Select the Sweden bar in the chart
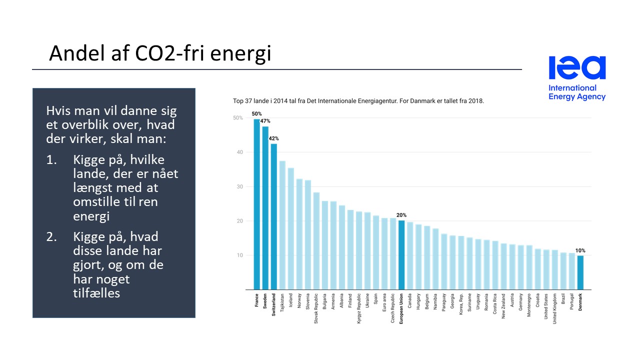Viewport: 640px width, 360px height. [x=265, y=208]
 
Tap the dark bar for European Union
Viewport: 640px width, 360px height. [x=401, y=255]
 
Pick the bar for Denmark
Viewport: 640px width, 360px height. [x=580, y=272]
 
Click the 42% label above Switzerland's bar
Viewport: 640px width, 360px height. [x=273, y=138]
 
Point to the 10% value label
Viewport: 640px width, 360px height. [x=580, y=250]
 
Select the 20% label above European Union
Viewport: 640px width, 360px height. [x=401, y=215]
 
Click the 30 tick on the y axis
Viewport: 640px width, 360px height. [x=239, y=186]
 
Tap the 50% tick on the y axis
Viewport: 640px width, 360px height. [x=238, y=118]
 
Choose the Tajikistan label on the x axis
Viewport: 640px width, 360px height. [x=282, y=302]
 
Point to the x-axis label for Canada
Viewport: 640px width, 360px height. [x=409, y=300]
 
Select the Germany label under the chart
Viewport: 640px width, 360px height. [x=520, y=301]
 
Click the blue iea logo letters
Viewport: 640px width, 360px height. [x=577, y=68]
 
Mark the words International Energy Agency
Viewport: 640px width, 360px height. [x=576, y=92]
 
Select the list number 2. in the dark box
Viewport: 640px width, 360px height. [x=52, y=236]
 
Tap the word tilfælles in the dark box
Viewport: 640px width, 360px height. [x=96, y=293]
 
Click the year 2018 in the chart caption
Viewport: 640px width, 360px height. [x=476, y=101]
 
